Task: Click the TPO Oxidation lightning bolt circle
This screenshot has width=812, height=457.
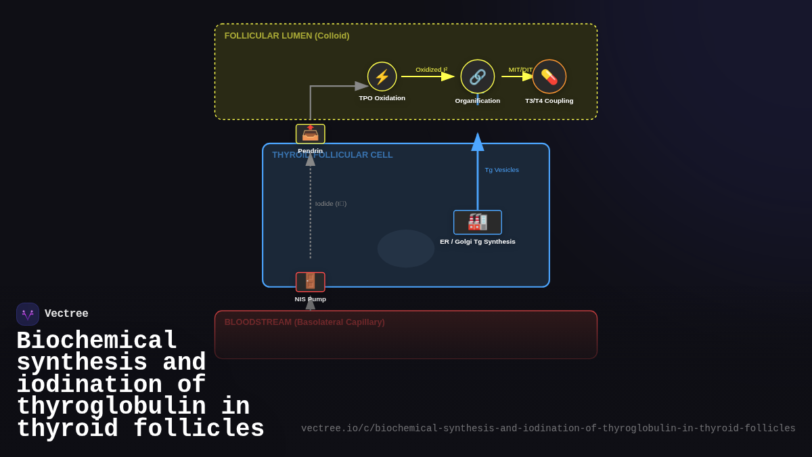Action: [382, 77]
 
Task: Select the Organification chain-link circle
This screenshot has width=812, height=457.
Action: [478, 77]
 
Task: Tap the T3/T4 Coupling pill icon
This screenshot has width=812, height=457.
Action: [549, 77]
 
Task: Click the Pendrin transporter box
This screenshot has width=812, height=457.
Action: [311, 134]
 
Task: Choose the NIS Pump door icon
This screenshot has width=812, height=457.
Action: [311, 282]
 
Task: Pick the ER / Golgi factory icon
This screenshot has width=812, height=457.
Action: [478, 222]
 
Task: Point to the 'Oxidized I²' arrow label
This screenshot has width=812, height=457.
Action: [431, 69]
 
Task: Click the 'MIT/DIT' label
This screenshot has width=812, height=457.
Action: [520, 69]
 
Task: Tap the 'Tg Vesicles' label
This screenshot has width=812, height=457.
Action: [501, 170]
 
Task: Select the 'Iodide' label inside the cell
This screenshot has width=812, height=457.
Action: [330, 204]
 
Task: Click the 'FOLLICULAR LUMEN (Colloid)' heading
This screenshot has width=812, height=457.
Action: [287, 36]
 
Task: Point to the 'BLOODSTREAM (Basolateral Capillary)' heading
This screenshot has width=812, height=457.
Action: [304, 322]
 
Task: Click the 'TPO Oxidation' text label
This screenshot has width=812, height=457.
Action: [382, 98]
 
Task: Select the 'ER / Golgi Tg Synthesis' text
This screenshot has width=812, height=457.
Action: [478, 242]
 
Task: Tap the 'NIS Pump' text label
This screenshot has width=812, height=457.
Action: [311, 299]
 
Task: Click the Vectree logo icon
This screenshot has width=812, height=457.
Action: [28, 314]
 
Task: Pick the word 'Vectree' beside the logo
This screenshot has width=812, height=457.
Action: [66, 314]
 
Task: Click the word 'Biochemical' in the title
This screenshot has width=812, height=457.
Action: [97, 341]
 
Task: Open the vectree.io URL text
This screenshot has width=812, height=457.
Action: [548, 429]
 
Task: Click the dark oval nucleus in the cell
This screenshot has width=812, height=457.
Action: [406, 248]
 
